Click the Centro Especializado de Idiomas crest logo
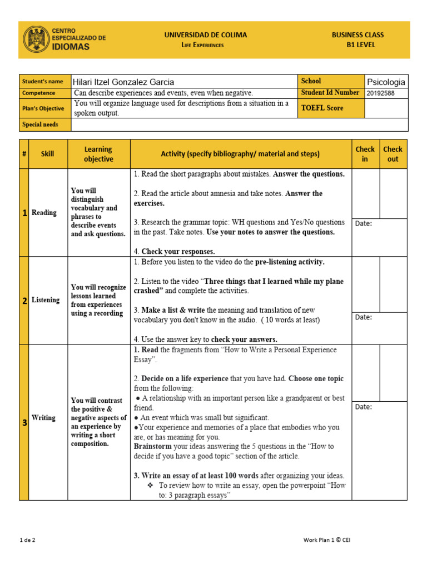point(36,40)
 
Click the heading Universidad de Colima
point(205,35)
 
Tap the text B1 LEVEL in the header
point(361,45)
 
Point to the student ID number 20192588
point(381,93)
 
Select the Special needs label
point(40,124)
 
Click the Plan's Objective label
point(43,108)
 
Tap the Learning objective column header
point(98,154)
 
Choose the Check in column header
point(365,154)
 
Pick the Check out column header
point(393,154)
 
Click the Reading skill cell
point(44,212)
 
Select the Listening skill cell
point(46,300)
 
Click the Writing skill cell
point(43,417)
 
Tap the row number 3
point(24,423)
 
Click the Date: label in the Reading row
point(364,223)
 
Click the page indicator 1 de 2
point(28,540)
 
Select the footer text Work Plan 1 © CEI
point(327,540)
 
